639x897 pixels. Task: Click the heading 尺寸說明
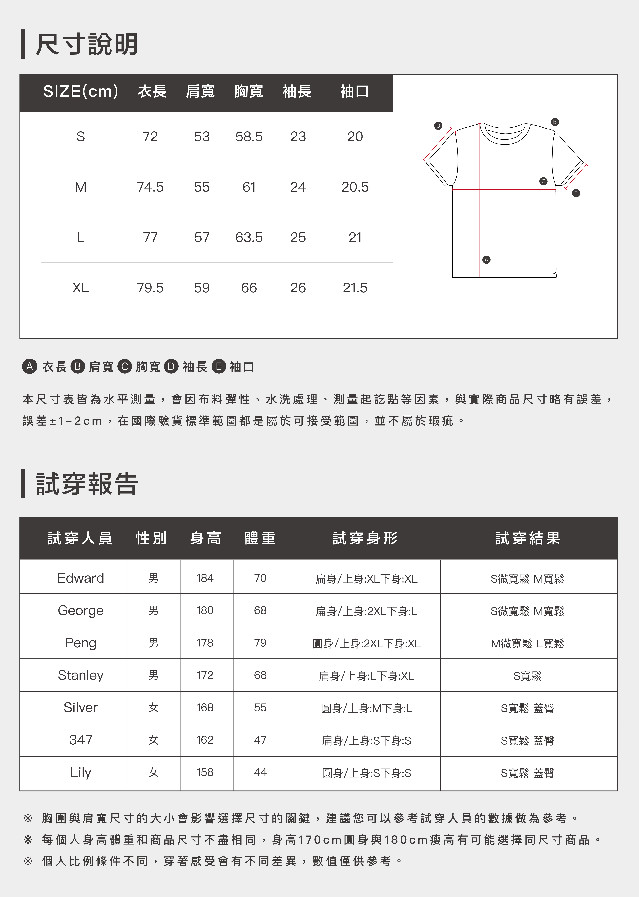87,44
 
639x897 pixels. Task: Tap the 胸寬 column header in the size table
249,91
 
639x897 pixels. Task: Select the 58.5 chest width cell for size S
249,137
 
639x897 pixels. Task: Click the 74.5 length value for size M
150,187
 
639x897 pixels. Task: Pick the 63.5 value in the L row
249,237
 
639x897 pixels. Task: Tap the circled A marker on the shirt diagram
486,260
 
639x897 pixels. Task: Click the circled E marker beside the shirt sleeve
576,193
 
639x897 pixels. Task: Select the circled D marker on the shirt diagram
438,126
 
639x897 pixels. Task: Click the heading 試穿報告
87,484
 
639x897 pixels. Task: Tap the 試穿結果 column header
528,538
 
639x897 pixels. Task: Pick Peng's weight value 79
260,643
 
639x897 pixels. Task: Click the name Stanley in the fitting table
81,675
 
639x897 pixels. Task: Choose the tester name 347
81,740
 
